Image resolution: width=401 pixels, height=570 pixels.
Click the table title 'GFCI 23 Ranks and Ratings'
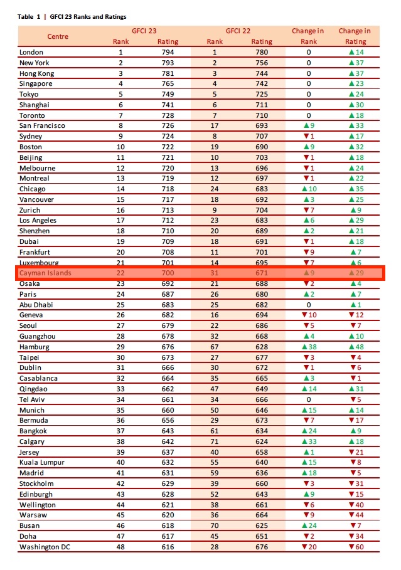point(88,17)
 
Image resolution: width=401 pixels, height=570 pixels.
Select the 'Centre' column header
point(58,36)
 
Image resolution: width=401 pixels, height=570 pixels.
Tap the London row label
point(31,52)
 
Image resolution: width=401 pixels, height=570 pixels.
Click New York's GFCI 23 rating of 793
point(168,63)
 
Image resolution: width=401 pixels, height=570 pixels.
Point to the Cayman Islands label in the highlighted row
point(45,273)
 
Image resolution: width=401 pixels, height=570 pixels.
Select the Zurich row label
point(30,210)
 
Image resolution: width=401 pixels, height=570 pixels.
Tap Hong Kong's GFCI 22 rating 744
point(262,73)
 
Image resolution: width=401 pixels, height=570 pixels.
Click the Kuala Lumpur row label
point(42,462)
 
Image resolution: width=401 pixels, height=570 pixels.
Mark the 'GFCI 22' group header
point(238,31)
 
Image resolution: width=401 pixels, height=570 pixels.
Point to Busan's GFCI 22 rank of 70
point(215,525)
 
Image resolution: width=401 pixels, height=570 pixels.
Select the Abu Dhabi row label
point(36,305)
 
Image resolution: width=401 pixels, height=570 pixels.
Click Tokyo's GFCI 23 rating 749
point(168,94)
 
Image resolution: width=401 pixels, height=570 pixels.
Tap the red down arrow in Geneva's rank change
point(304,315)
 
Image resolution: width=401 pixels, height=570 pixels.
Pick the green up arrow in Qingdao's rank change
point(304,389)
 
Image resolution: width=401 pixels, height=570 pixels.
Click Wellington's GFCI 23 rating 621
point(168,505)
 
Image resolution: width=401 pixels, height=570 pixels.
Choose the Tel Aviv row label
point(32,399)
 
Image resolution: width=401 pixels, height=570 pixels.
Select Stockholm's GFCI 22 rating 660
point(262,483)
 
